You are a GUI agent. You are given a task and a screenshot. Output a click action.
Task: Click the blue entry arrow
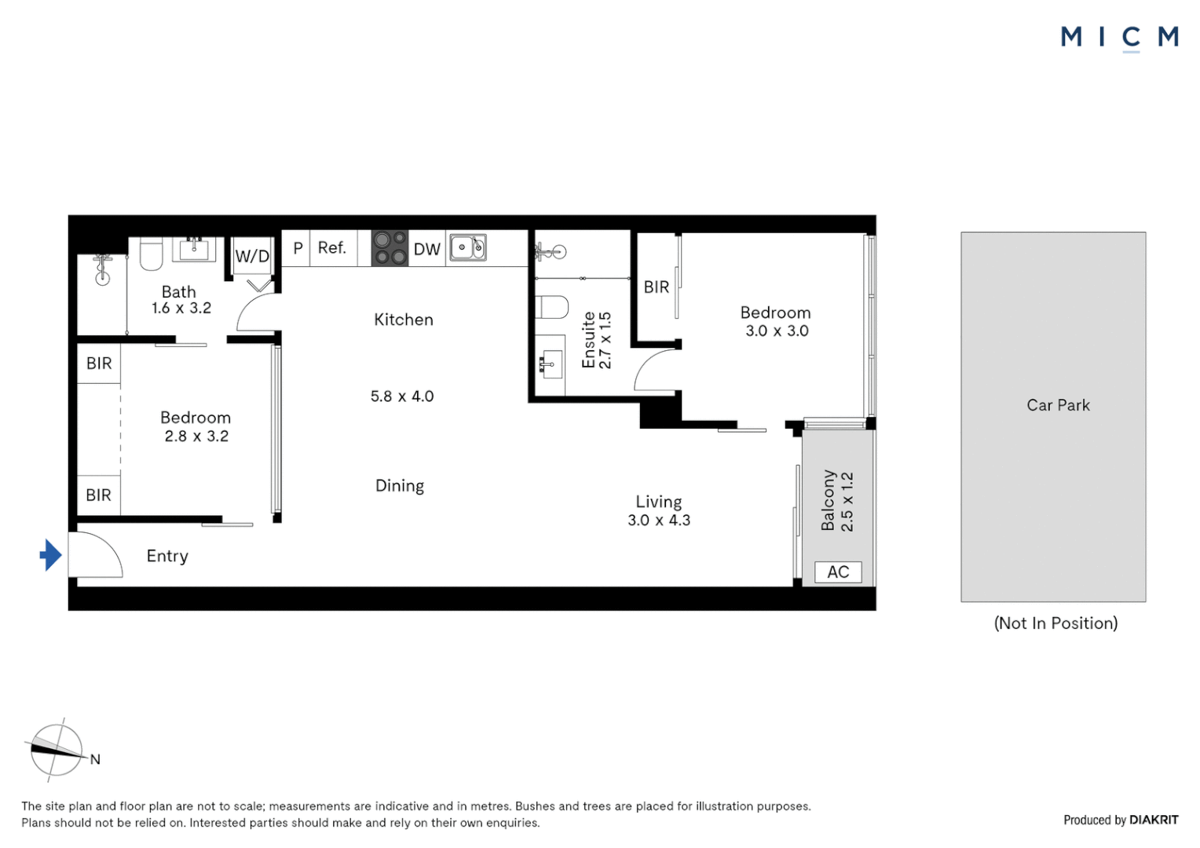tap(51, 555)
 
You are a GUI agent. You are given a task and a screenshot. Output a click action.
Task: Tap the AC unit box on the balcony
tap(838, 572)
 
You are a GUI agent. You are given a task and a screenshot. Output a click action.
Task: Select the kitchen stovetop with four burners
tap(390, 248)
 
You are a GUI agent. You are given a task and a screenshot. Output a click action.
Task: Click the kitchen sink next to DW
tap(468, 247)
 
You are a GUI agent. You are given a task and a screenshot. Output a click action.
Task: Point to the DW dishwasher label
tap(426, 249)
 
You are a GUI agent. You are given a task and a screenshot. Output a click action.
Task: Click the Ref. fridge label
tap(331, 248)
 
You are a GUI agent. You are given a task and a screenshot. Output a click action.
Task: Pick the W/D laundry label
tap(252, 256)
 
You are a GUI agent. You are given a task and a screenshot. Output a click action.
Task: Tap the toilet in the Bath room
tap(151, 254)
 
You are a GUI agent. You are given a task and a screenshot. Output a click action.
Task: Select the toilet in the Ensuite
tap(552, 307)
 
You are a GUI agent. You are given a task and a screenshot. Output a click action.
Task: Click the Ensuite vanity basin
tap(550, 364)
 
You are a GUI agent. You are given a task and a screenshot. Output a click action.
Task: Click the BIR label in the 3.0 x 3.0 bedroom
tap(656, 287)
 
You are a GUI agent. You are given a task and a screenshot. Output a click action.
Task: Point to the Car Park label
tap(1058, 405)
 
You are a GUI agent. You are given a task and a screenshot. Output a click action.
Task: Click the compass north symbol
tap(57, 751)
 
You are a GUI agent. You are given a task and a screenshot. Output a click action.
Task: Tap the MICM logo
tap(1119, 37)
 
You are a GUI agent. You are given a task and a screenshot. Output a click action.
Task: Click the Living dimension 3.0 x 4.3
tap(658, 520)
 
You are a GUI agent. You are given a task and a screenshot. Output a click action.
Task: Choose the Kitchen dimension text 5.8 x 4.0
tap(402, 397)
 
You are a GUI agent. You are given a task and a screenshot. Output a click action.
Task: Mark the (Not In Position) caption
tap(1055, 623)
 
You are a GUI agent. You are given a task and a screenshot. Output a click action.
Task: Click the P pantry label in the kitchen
tap(298, 248)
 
